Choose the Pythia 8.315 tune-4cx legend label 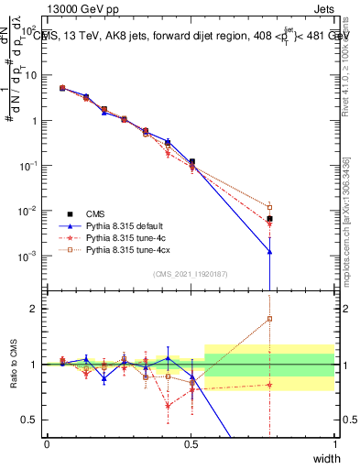[132, 249]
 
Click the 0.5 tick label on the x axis [191, 444]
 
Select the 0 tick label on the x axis [48, 444]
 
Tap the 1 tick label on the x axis [335, 444]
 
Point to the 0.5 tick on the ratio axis [33, 420]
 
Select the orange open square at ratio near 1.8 [269, 319]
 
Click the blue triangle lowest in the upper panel [269, 251]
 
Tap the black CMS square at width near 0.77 [269, 219]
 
